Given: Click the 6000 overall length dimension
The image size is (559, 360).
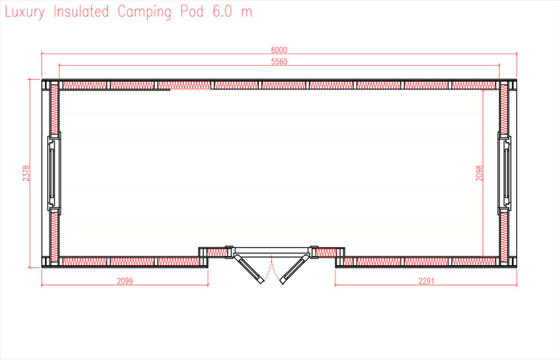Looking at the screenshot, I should (279, 50).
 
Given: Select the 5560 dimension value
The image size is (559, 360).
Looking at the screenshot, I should (279, 61).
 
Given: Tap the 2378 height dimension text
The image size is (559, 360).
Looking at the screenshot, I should (26, 173).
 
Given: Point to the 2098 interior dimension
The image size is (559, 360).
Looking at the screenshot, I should (480, 173).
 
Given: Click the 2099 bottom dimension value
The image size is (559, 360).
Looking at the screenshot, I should (125, 281).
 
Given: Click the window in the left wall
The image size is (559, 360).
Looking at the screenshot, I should (53, 173).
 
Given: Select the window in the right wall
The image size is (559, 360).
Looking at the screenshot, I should (505, 173).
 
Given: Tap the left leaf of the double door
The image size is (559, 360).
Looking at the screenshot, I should (249, 268).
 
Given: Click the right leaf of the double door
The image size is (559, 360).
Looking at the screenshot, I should (293, 268).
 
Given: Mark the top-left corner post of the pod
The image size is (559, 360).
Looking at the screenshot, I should (48, 85).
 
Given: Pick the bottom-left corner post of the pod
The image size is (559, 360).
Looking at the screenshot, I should (48, 262).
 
